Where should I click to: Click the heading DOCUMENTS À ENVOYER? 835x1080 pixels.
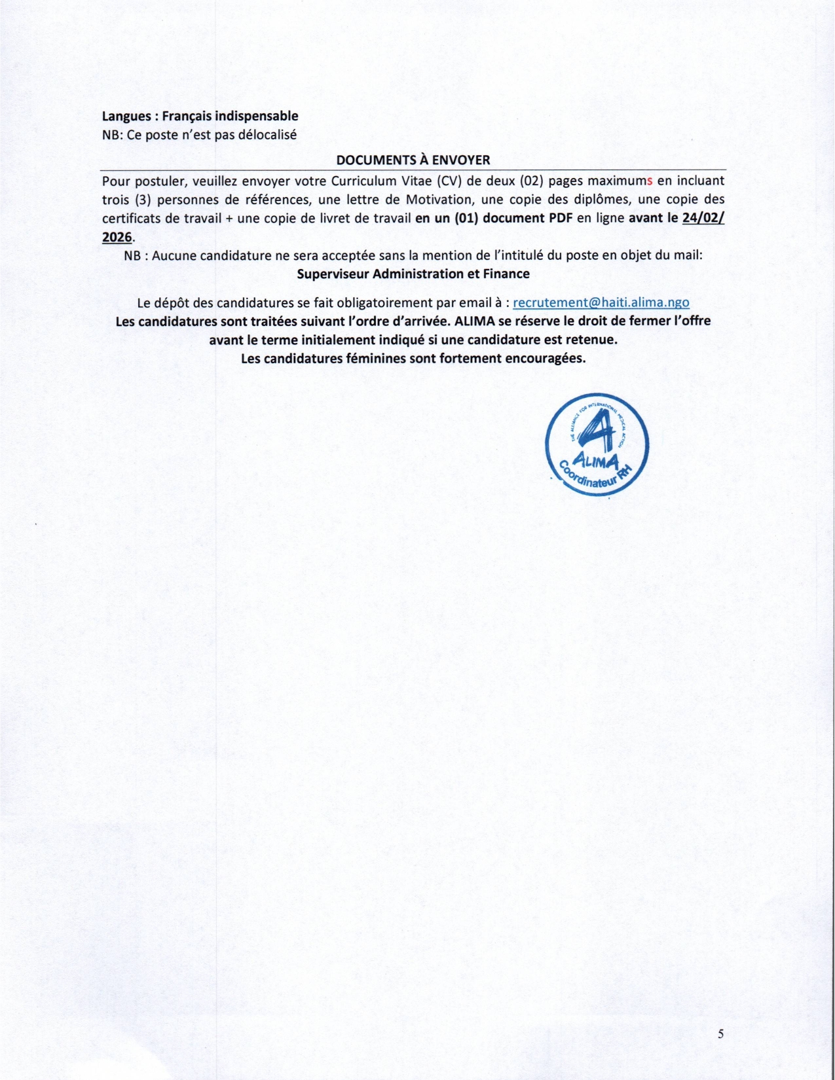(x=413, y=160)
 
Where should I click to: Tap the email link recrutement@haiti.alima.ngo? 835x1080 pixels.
(x=601, y=302)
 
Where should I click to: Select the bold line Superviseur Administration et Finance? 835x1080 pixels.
(x=413, y=274)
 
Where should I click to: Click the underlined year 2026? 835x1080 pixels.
(x=117, y=237)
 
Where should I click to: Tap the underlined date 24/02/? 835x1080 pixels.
(x=703, y=219)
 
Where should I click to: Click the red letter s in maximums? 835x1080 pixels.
(x=650, y=181)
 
